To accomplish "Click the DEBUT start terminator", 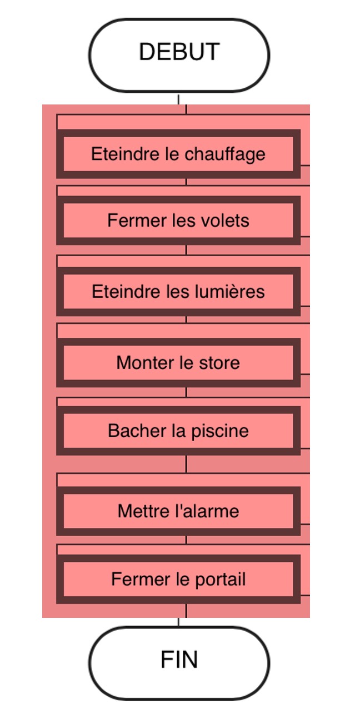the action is [x=179, y=55].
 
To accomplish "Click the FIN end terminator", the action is [x=179, y=663].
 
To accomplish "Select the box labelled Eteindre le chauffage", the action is [x=178, y=154].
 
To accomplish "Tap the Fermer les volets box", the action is [x=178, y=221].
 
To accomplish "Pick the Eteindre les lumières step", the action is [x=178, y=292].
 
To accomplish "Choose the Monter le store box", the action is [x=178, y=363].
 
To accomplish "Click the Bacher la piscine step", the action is [x=178, y=431].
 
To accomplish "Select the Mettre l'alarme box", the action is [x=178, y=511].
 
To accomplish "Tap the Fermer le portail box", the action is [x=178, y=579].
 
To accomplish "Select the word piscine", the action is [x=220, y=431].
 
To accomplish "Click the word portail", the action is [x=221, y=580].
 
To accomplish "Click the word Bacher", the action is [x=137, y=431].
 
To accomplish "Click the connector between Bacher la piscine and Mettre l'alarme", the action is [x=186, y=464].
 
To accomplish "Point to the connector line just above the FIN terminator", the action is [x=179, y=621].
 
